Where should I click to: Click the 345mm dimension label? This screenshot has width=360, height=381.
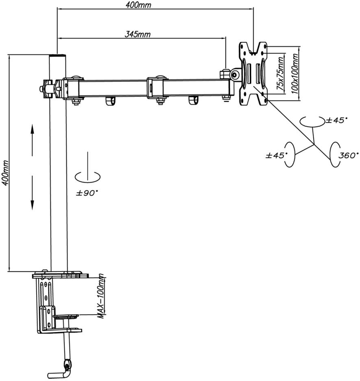[x=137, y=35]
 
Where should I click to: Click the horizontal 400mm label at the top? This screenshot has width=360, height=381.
[x=138, y=5]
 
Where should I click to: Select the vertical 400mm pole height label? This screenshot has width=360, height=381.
[x=5, y=173]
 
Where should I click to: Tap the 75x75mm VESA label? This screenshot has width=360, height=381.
[x=281, y=74]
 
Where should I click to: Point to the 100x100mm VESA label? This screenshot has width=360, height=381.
[x=295, y=74]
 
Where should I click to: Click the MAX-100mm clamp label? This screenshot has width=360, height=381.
[x=101, y=296]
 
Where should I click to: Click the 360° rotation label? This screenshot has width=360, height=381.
[x=348, y=155]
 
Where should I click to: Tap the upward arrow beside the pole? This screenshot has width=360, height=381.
[x=32, y=140]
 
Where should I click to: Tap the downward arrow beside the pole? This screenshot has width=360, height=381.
[x=32, y=193]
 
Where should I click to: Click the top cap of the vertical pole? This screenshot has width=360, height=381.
[x=58, y=55]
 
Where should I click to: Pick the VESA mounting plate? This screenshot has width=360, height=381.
[x=253, y=74]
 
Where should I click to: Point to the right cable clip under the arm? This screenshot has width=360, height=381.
[x=194, y=101]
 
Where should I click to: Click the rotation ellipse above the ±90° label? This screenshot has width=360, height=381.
[x=87, y=177]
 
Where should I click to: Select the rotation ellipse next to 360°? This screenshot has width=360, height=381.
[x=335, y=155]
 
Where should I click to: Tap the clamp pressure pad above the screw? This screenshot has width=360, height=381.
[x=66, y=316]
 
